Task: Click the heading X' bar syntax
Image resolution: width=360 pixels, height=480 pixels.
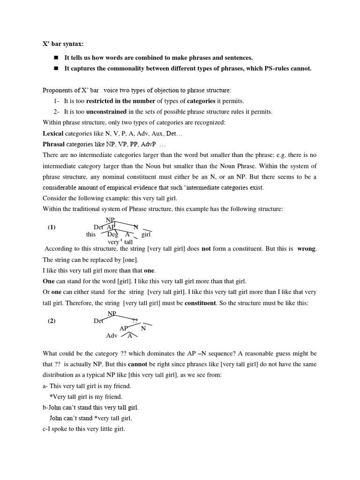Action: click(x=63, y=44)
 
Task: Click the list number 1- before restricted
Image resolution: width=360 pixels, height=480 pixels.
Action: click(x=57, y=101)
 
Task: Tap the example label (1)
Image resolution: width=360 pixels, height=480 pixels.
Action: click(x=52, y=227)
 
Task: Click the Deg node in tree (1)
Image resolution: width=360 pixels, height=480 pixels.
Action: click(x=112, y=234)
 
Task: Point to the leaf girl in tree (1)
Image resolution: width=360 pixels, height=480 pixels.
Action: click(x=146, y=234)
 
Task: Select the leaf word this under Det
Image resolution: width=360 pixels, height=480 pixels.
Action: click(x=90, y=234)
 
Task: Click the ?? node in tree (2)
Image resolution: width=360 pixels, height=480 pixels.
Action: click(x=135, y=321)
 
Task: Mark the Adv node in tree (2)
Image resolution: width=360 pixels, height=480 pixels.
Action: click(x=112, y=336)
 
